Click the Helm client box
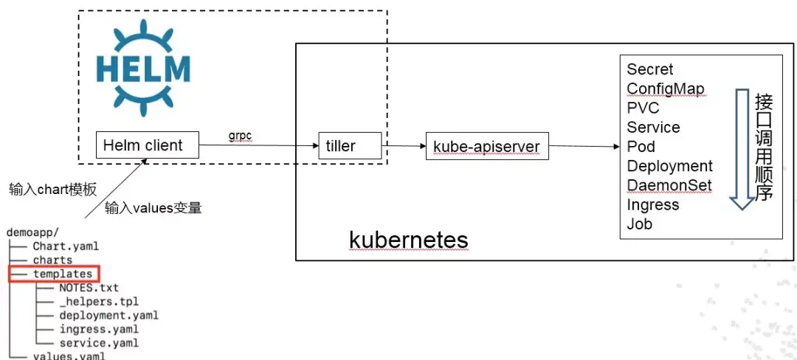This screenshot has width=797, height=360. point(148,145)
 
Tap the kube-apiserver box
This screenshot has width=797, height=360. point(488,146)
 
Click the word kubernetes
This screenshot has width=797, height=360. point(408,240)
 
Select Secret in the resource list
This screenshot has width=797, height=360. point(650,69)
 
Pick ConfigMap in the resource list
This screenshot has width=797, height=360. point(666,89)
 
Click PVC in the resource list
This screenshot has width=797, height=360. point(644,108)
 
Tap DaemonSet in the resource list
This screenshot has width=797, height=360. point(669,185)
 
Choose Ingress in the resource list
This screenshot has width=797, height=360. point(653,204)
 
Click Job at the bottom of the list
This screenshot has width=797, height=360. point(640,224)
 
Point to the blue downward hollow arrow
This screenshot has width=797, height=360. point(742,148)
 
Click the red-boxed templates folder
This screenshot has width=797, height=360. point(62,274)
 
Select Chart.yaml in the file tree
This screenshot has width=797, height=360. point(65,246)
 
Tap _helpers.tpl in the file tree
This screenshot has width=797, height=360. point(99,301)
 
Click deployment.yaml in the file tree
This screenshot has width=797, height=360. point(108,315)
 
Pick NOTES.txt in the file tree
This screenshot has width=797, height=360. point(89,288)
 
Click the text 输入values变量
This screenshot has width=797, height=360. point(153,208)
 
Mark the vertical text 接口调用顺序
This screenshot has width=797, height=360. point(764,148)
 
